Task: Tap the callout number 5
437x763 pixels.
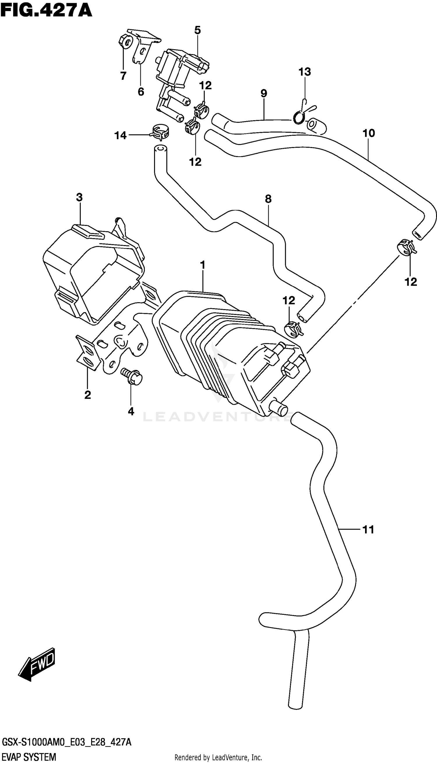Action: [197, 30]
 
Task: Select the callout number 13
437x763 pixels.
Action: [304, 72]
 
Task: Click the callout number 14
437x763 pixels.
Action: [120, 136]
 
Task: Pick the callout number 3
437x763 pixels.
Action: [79, 197]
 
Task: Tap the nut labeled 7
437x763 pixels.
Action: [126, 41]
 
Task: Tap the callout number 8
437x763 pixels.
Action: [268, 199]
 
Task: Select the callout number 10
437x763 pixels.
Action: [369, 133]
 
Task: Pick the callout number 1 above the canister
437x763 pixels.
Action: [203, 265]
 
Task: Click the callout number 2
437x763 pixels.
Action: [87, 395]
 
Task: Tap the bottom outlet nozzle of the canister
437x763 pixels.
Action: [279, 408]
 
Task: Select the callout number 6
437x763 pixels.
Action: [141, 91]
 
